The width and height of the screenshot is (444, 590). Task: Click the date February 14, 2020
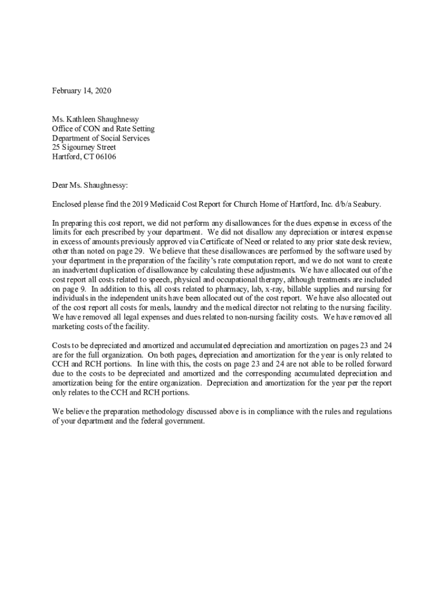(81, 90)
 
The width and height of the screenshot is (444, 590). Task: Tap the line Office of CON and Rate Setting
(103, 128)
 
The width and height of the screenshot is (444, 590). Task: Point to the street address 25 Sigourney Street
(84, 147)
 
